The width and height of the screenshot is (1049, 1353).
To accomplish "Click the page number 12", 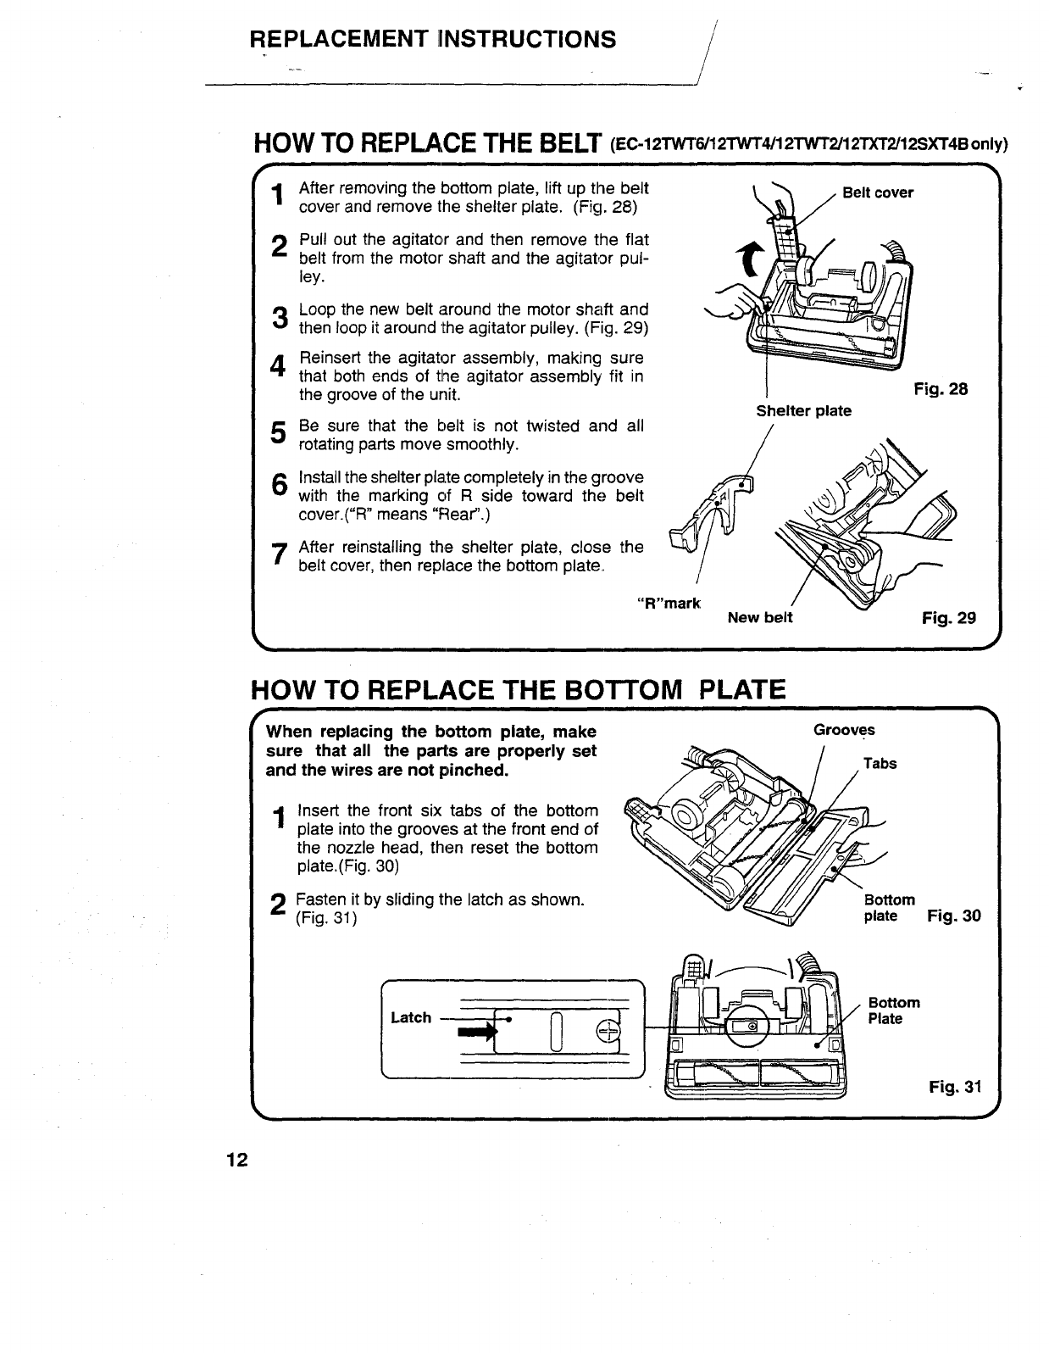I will click(236, 1161).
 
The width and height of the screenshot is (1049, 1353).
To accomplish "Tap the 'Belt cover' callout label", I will click(878, 192).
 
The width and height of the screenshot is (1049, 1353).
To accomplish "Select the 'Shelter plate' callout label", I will click(803, 411).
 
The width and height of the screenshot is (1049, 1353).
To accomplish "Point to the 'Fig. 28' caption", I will click(941, 389).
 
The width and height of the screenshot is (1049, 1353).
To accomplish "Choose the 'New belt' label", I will click(760, 617).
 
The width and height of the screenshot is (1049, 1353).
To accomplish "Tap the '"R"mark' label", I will click(669, 604).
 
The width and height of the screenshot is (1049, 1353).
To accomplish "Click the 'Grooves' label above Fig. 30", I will click(844, 730).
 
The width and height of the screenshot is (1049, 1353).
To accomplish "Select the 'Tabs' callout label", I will click(880, 764).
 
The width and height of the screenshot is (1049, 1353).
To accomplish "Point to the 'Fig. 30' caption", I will click(954, 916).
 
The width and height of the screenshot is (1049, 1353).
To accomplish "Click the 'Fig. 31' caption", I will click(954, 1087).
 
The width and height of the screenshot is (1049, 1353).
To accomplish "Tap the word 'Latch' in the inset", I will click(411, 1017).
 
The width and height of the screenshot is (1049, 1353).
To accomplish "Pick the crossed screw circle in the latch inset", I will click(608, 1031).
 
